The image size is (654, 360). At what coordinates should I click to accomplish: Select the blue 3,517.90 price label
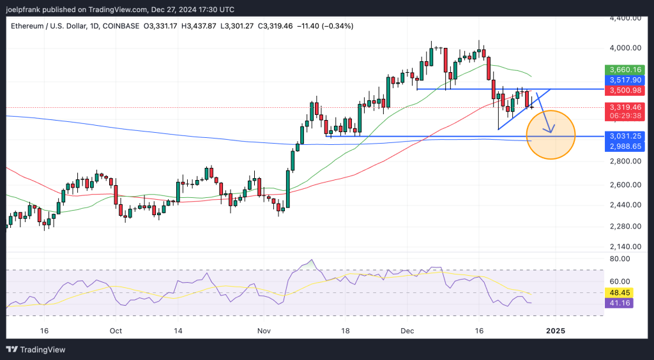point(623,80)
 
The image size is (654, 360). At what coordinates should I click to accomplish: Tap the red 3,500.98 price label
point(623,91)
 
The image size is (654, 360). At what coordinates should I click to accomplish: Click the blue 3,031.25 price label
point(623,136)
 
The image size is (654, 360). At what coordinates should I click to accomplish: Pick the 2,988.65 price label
point(623,147)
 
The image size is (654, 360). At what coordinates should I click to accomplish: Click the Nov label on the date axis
point(264,331)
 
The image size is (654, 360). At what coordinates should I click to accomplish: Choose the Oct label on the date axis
point(116,331)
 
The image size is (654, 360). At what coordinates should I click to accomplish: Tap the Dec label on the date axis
point(407,331)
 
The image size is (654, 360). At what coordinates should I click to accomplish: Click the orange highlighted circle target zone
point(551,135)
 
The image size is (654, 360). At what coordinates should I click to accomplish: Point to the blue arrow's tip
point(551,132)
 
